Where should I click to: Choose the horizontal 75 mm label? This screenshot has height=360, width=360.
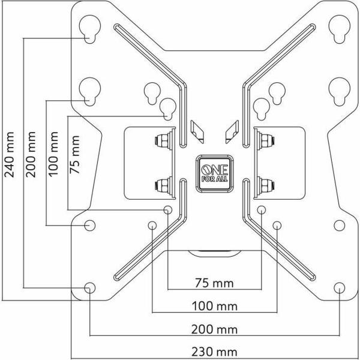tap(214, 283)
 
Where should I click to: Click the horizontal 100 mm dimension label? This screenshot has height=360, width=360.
tap(214, 307)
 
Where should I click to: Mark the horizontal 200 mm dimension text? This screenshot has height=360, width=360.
tap(214, 329)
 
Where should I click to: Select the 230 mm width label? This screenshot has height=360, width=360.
tap(214, 352)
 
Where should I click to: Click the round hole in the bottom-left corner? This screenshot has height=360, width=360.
tap(89, 287)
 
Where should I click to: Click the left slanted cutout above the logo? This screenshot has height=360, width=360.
tap(196, 128)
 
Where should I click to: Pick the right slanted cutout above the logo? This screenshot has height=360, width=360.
tap(231, 128)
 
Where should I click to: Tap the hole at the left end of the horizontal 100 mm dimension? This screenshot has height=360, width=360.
tap(152, 226)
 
